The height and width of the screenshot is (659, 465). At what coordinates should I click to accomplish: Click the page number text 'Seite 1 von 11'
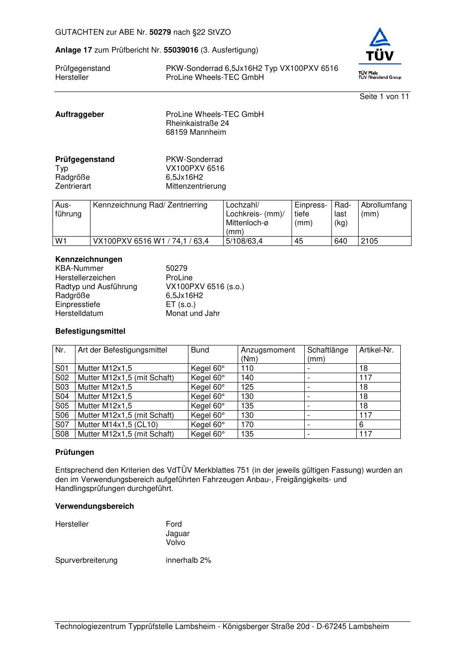(x=384, y=97)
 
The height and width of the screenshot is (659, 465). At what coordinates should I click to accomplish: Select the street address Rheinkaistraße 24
(x=197, y=123)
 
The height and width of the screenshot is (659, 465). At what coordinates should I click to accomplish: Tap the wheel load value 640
(x=341, y=241)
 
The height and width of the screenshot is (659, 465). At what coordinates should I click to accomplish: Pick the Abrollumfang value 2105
(x=369, y=241)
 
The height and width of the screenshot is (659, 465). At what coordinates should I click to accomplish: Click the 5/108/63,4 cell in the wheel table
(x=244, y=241)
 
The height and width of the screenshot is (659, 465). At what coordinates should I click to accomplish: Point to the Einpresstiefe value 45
(x=299, y=241)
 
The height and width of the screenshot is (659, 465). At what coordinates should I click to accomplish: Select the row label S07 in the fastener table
(x=62, y=425)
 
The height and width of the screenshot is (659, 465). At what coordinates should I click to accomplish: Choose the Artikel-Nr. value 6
(x=361, y=425)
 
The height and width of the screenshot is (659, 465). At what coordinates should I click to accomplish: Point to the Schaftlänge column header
(x=328, y=350)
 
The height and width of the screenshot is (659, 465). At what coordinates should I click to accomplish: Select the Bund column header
(x=200, y=350)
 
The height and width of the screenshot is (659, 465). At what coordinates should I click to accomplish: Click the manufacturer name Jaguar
(x=178, y=534)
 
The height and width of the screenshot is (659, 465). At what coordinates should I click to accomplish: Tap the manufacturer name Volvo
(x=175, y=543)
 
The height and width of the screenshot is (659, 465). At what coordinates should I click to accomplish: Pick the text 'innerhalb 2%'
(x=188, y=560)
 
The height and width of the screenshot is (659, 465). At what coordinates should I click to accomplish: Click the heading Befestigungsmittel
(x=90, y=331)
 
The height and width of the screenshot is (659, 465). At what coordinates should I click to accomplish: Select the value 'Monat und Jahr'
(x=193, y=314)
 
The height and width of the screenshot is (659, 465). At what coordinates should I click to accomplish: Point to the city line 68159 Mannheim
(x=196, y=132)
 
